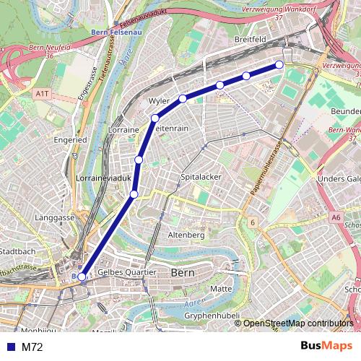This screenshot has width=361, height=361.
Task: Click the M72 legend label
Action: [x=32, y=347]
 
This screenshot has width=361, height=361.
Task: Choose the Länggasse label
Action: [x=55, y=217]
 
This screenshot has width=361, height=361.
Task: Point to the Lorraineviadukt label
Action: [x=103, y=176]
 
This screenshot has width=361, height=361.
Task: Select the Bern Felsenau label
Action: [x=116, y=32]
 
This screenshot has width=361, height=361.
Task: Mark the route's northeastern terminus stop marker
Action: [x=279, y=66]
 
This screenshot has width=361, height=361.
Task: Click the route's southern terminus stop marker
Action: [x=82, y=276]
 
